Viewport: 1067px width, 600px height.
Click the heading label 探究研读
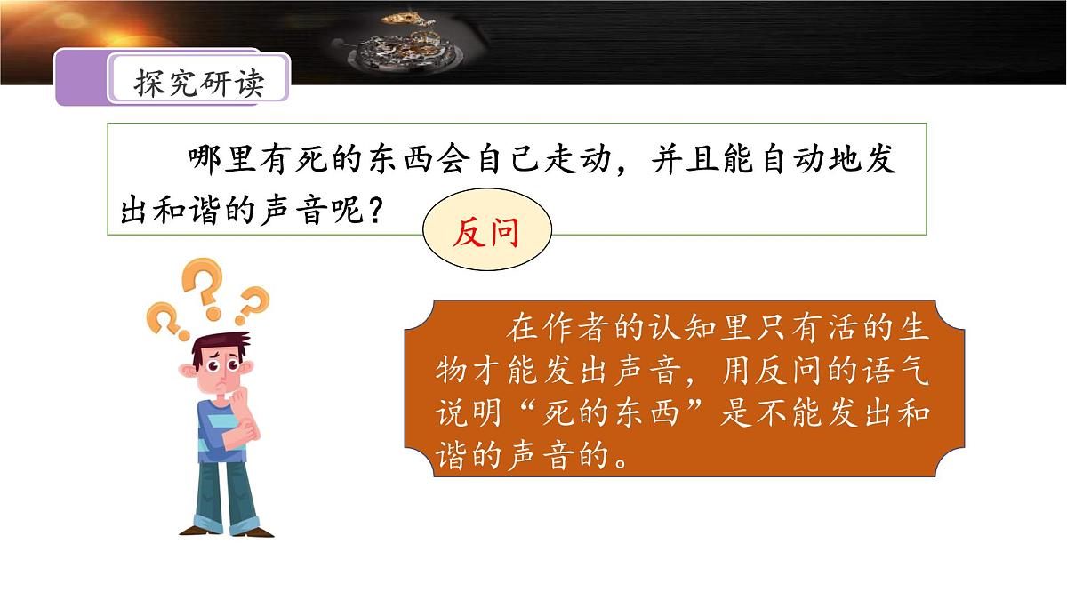pyautogui.click(x=199, y=83)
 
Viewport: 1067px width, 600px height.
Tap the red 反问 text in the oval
pyautogui.click(x=485, y=235)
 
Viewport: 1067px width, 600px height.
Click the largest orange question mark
pyautogui.click(x=203, y=287)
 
